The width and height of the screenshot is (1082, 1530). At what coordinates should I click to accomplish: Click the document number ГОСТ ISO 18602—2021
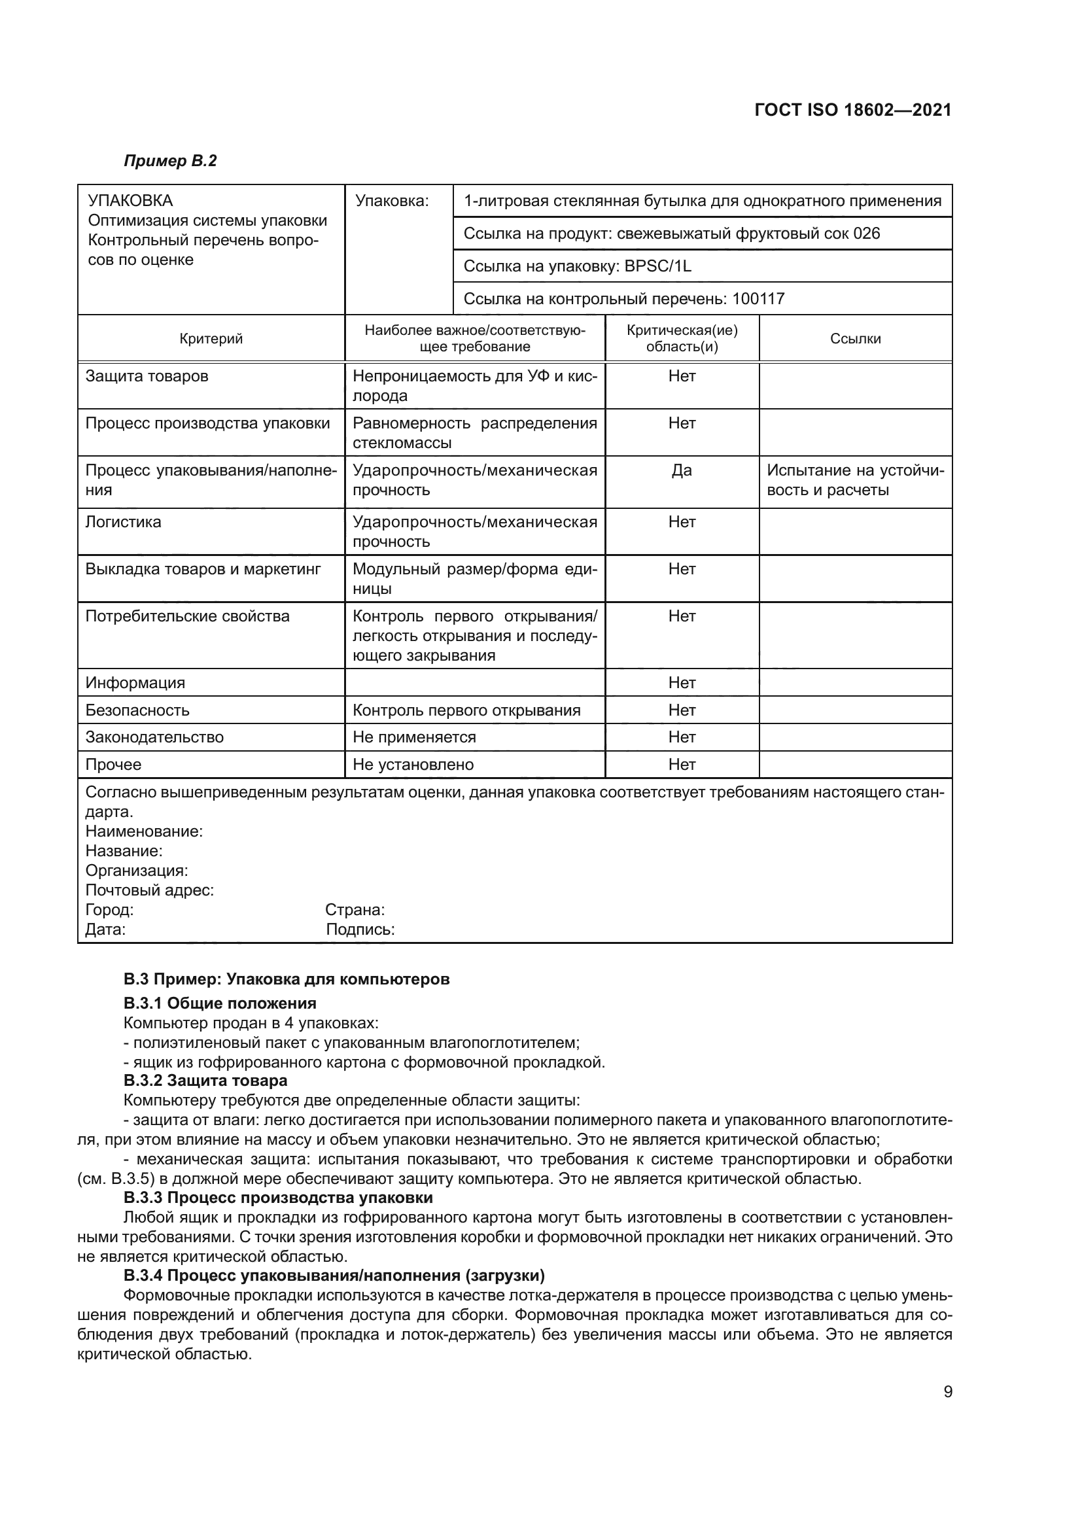coord(853,110)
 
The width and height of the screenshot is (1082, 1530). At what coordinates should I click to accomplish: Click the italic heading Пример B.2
coord(170,161)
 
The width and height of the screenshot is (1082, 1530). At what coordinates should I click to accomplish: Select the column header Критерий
coord(211,339)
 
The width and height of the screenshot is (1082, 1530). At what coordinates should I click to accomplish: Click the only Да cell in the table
coord(682,470)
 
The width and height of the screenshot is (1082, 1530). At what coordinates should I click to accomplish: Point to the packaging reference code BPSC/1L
coord(657,266)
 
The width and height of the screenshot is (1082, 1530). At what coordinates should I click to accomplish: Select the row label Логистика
coord(123,522)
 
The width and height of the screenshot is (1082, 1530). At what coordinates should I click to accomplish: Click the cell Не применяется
coord(413,737)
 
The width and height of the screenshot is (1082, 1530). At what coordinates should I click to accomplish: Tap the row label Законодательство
coord(154,737)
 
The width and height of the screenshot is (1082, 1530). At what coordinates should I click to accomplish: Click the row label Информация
coord(135,683)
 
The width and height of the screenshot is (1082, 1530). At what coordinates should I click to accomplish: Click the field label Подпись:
coord(360,930)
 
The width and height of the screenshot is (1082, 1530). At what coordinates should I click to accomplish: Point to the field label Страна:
coord(355,911)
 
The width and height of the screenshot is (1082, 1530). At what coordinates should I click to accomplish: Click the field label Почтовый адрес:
coord(149,890)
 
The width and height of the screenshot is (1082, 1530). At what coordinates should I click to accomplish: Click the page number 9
coord(947,1392)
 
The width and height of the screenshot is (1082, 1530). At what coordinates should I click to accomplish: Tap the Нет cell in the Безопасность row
coord(682,710)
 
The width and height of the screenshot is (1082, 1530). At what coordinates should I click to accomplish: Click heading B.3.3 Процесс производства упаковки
coord(278,1198)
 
